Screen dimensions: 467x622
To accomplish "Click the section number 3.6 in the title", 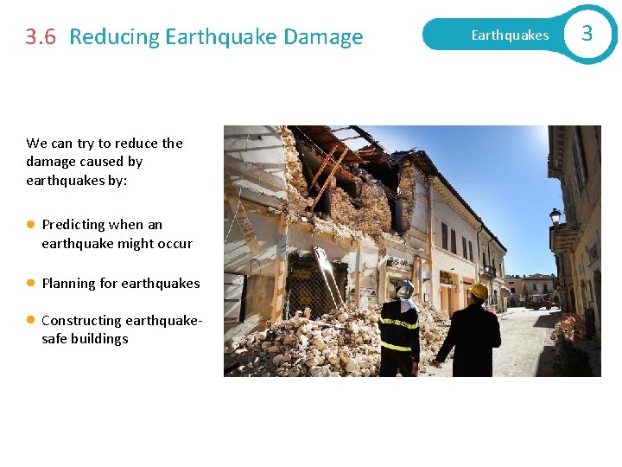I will click(x=41, y=37).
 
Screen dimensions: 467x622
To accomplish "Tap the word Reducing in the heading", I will click(x=114, y=37).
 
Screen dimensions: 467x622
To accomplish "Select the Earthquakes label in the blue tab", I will click(x=510, y=35).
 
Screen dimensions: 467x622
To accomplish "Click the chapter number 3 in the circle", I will click(x=587, y=34).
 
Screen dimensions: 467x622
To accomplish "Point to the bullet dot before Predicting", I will click(x=30, y=224).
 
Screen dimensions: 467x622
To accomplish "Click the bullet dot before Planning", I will click(x=30, y=283).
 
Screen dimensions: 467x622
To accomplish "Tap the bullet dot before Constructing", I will click(x=30, y=321).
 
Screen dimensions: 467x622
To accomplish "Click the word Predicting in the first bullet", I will click(x=75, y=225).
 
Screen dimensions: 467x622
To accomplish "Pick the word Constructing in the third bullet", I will click(x=82, y=321).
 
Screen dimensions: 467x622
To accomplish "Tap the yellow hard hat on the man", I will click(x=478, y=291).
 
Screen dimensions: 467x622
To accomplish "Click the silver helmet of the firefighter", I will click(x=403, y=288).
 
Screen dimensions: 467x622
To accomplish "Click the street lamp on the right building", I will click(x=555, y=216).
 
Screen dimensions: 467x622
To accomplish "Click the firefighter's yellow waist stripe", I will click(x=397, y=346).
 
